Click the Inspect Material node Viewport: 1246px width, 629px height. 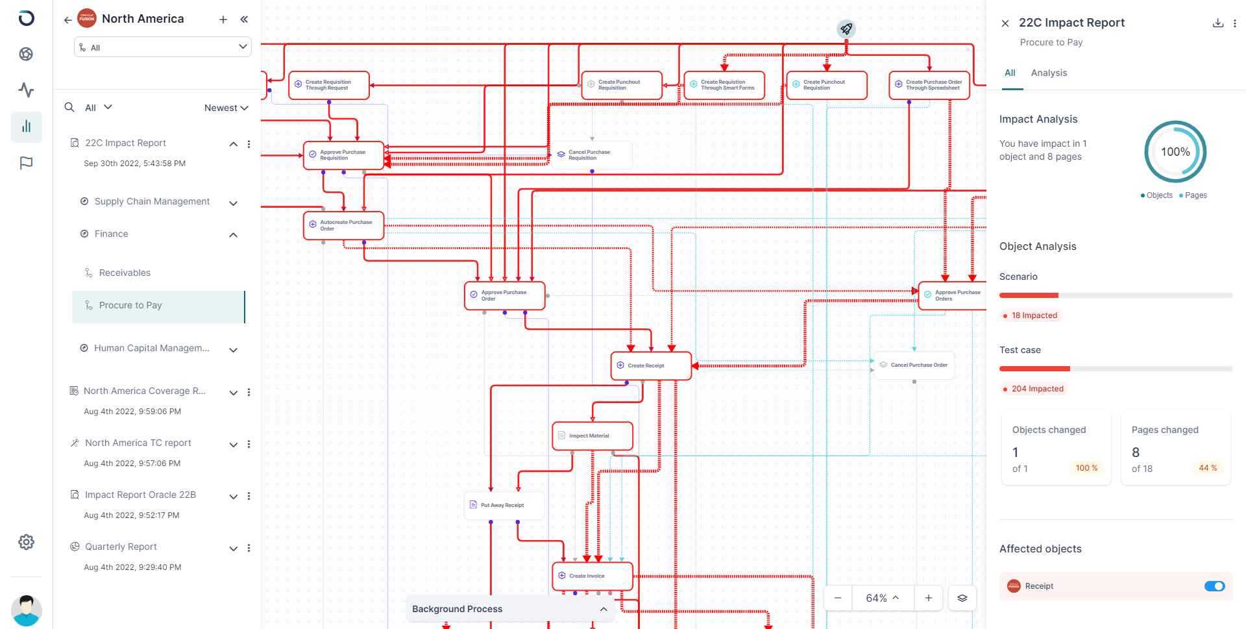pyautogui.click(x=592, y=436)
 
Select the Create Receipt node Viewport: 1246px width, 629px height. pyautogui.click(x=651, y=365)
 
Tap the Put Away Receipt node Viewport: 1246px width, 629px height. pyautogui.click(x=504, y=505)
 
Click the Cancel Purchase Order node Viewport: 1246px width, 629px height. pyautogui.click(x=914, y=365)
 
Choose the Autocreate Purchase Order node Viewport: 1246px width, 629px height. pyautogui.click(x=343, y=225)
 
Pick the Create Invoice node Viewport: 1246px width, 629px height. pyautogui.click(x=592, y=576)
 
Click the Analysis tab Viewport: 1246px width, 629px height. pyautogui.click(x=1049, y=73)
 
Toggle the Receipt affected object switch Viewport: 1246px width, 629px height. pyautogui.click(x=1214, y=586)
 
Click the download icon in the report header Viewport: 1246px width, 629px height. pyautogui.click(x=1217, y=23)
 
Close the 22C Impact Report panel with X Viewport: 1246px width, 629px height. pyautogui.click(x=1005, y=23)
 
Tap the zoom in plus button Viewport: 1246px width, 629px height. pyautogui.click(x=928, y=598)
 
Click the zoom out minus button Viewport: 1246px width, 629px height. pyautogui.click(x=838, y=598)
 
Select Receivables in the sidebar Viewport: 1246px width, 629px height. pyautogui.click(x=125, y=273)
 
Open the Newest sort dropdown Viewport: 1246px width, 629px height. pyautogui.click(x=226, y=108)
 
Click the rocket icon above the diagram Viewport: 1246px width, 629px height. pyautogui.click(x=846, y=29)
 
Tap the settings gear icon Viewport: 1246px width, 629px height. pyautogui.click(x=26, y=542)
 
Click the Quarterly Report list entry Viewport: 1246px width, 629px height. pyautogui.click(x=121, y=547)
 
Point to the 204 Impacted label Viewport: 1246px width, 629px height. pyautogui.click(x=1037, y=389)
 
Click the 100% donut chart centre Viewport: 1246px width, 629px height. pyautogui.click(x=1175, y=152)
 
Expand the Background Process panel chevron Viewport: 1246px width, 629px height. pyautogui.click(x=604, y=609)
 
